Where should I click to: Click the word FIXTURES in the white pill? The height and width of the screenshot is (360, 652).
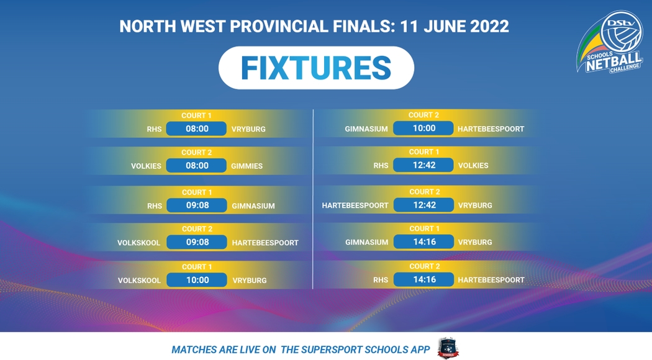[x=316, y=68]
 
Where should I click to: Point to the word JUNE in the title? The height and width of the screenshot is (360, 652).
[x=445, y=27]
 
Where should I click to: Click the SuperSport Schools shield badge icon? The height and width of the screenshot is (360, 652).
[x=448, y=348]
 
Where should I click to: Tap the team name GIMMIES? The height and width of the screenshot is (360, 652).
[x=247, y=166]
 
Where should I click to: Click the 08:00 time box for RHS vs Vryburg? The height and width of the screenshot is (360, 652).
[x=196, y=129]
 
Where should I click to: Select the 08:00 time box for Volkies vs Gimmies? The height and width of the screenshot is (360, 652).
[x=196, y=166]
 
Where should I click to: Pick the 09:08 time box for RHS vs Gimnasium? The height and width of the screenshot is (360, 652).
[x=197, y=205]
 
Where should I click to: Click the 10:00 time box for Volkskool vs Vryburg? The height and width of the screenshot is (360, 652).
[x=197, y=280]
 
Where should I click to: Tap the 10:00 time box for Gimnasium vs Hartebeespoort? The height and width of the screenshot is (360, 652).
[x=423, y=128]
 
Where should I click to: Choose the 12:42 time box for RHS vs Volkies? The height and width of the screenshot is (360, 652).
[x=423, y=165]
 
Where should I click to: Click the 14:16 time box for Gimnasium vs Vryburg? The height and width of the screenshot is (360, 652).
[x=423, y=241]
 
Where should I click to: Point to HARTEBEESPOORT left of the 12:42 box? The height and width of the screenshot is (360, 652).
[x=355, y=205]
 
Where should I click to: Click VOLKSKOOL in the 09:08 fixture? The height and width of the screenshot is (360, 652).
[x=138, y=243]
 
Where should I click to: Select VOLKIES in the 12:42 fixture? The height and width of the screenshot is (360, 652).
[x=473, y=166]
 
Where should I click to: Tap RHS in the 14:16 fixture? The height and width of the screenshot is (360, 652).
[x=381, y=280]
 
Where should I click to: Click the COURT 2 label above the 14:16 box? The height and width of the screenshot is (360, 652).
[x=425, y=266]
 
